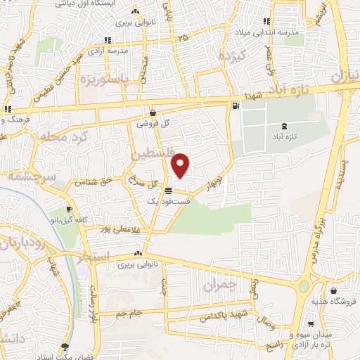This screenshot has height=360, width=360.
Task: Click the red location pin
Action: pos(181,166)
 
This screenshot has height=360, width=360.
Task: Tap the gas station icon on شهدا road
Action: pos(235,106)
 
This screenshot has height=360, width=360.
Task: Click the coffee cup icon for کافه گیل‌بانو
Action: pos(69,210)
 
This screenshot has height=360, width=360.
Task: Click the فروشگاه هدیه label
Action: pos(334,299)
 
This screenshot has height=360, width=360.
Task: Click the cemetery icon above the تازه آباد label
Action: pos(284,124)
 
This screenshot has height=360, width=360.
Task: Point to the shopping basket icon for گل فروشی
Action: pos(153,112)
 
